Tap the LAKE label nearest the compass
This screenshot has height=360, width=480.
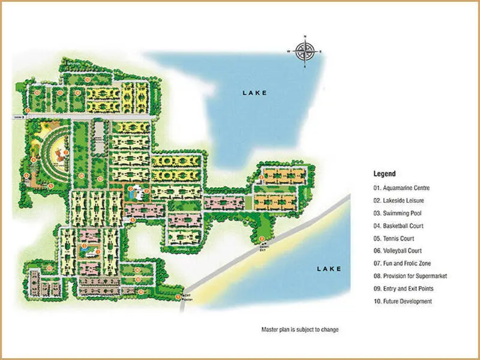pos(254,93)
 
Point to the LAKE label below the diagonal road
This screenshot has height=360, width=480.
pos(329,269)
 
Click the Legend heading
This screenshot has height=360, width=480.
pos(384,174)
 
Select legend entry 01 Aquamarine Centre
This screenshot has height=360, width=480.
pos(401,188)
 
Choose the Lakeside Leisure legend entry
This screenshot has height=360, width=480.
pos(398,200)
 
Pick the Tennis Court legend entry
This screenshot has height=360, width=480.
pos(394,238)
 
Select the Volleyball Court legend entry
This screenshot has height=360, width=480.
pos(397,251)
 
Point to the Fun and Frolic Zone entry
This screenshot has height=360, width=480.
pos(401,263)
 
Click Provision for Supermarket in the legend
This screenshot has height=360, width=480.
pos(410,276)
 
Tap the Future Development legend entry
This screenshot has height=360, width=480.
pos(402,301)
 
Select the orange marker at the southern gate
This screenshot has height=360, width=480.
pos(178,296)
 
